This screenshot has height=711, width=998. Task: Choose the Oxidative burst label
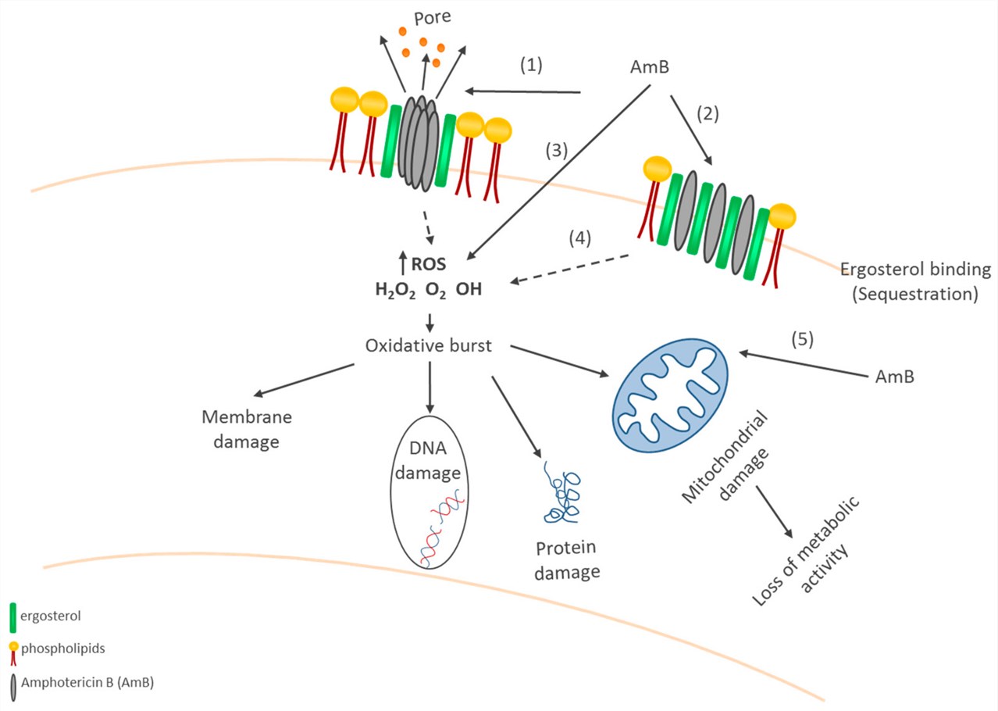point(429,345)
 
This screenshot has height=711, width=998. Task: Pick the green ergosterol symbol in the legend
point(14,616)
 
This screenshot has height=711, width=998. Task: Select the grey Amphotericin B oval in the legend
point(14,684)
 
